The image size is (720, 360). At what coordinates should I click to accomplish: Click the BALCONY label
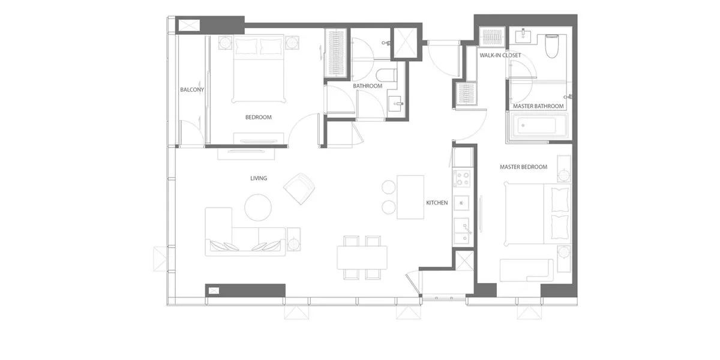(192, 89)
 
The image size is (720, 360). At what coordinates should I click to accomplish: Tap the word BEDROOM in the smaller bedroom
(259, 118)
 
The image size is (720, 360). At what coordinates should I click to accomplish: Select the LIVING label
(259, 178)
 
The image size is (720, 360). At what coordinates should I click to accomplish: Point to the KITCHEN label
(437, 203)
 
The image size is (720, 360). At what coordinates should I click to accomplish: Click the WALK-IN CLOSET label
(500, 55)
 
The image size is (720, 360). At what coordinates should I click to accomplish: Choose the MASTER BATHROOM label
(538, 106)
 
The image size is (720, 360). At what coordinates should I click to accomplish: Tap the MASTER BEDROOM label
(523, 167)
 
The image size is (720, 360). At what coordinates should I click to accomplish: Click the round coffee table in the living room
(258, 208)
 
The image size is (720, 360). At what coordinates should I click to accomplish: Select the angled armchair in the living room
(299, 188)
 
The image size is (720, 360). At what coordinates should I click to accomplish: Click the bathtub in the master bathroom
(536, 125)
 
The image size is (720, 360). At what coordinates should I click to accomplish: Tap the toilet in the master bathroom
(551, 46)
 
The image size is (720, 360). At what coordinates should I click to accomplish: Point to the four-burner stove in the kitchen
(461, 179)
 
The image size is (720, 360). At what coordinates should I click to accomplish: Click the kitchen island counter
(410, 197)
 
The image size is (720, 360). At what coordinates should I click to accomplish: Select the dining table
(362, 257)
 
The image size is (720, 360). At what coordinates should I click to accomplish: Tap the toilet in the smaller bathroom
(386, 75)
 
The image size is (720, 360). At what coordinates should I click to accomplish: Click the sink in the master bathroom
(523, 36)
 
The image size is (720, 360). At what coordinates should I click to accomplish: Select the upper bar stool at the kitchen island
(389, 187)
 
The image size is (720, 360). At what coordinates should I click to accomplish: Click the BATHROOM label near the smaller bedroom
(367, 86)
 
